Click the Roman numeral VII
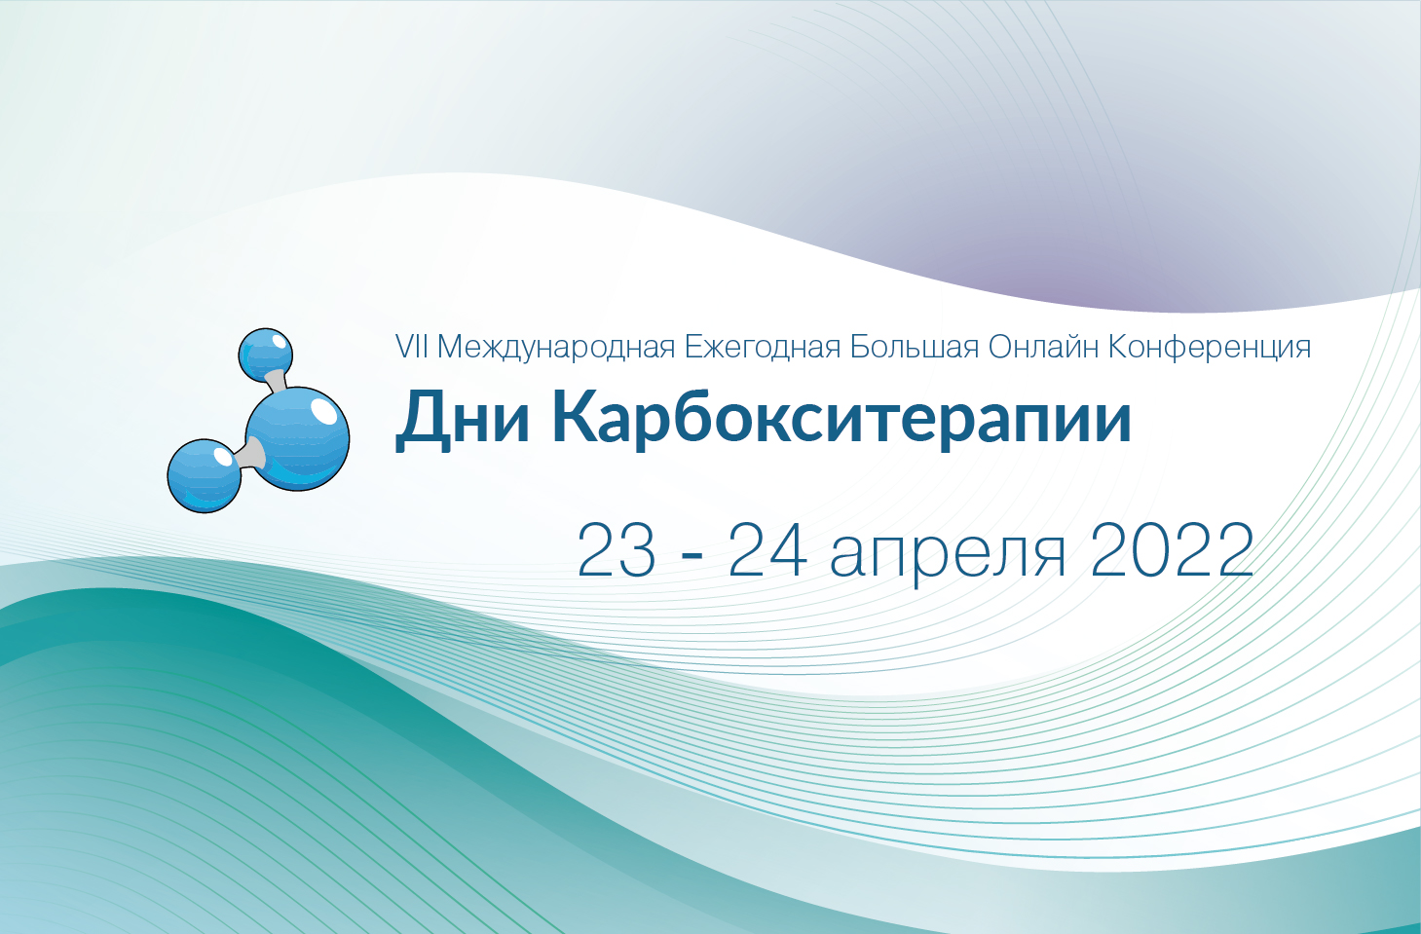point(411,347)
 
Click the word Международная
point(556,348)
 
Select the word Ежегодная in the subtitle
point(762,347)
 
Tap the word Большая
point(914,347)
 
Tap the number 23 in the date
point(617,551)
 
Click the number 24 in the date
point(767,551)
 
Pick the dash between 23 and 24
point(692,556)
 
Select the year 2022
point(1172,551)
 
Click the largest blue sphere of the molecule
point(297,438)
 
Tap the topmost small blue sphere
point(266,354)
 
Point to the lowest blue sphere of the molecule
point(205,475)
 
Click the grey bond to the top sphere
point(275,381)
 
